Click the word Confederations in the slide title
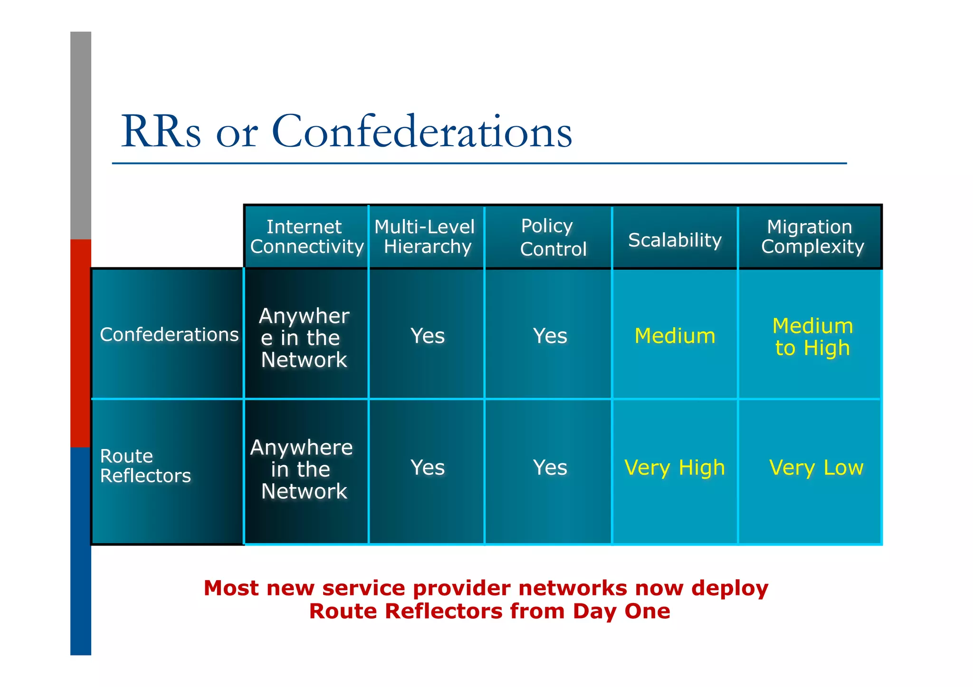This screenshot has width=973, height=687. click(421, 132)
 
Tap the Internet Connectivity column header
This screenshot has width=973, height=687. click(306, 237)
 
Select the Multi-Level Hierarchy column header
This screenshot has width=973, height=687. click(426, 237)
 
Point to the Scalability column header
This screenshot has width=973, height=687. click(675, 240)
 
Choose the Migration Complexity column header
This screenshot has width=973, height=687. click(811, 237)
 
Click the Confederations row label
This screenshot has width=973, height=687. click(169, 334)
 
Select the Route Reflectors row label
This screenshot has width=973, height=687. click(145, 466)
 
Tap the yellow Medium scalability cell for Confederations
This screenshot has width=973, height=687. click(675, 336)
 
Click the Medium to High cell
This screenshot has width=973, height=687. click(812, 337)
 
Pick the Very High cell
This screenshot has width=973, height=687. click(675, 468)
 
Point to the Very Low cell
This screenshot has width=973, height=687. click(816, 468)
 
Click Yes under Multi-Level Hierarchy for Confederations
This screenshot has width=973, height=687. click(427, 336)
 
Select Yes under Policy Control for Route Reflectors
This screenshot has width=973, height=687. click(550, 468)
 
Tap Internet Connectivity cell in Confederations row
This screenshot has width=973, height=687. click(304, 338)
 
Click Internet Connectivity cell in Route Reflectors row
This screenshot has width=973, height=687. click(302, 469)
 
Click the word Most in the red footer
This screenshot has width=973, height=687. click(231, 588)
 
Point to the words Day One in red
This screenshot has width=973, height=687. click(621, 612)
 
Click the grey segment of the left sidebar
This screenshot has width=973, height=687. click(81, 135)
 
